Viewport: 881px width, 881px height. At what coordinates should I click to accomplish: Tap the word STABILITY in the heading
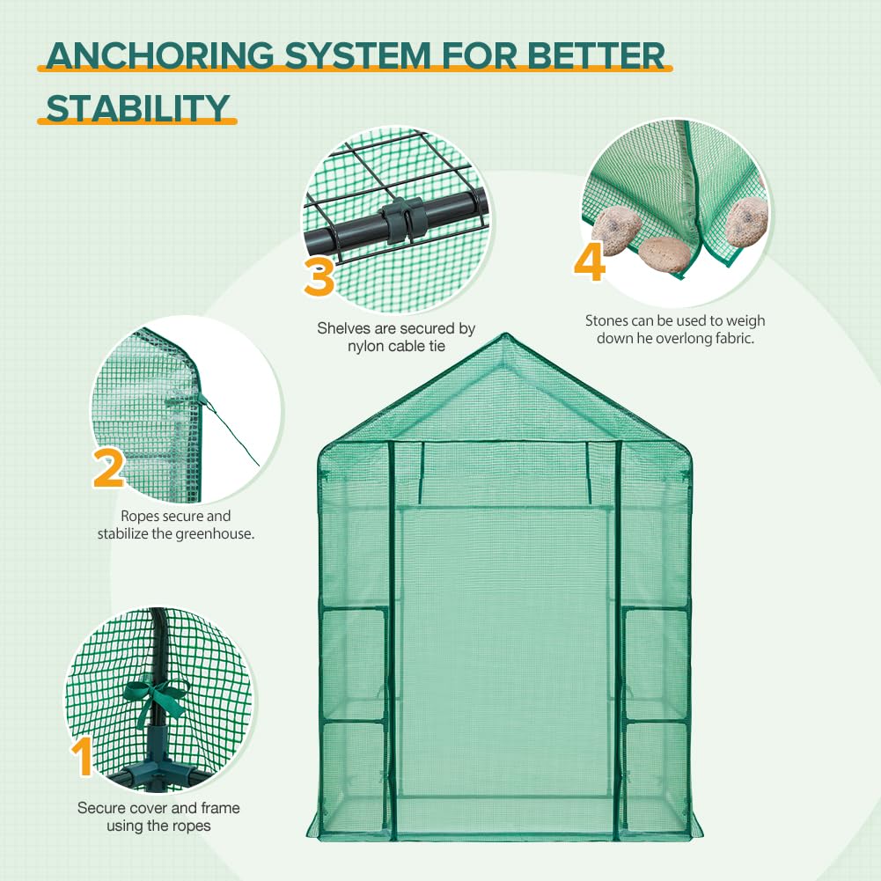pos(136,108)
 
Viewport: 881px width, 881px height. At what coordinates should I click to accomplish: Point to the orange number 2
pos(107,466)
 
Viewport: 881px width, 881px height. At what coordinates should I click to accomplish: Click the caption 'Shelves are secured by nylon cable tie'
pos(396,337)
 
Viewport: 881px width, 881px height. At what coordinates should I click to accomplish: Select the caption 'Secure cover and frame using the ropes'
pos(158,816)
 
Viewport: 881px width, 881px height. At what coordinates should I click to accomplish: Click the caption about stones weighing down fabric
pos(675,329)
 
